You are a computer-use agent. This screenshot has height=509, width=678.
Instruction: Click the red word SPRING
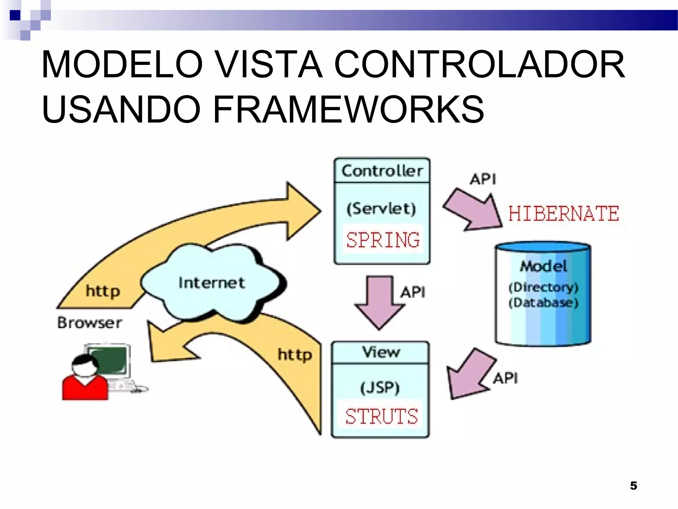(383, 240)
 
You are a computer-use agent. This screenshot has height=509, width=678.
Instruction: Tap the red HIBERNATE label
(563, 213)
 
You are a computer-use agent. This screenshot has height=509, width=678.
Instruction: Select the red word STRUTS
(381, 416)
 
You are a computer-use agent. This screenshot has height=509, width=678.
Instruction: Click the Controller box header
(382, 171)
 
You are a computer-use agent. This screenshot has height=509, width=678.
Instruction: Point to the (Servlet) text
(381, 209)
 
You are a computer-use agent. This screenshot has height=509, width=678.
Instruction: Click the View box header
(381, 352)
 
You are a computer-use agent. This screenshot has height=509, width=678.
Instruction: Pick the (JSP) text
(380, 387)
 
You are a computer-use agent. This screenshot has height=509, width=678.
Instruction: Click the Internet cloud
(212, 283)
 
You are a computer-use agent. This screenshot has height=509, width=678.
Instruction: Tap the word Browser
(89, 323)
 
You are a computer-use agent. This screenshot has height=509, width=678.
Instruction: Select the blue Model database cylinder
(543, 295)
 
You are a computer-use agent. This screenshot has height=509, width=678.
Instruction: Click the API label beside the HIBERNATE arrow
(483, 179)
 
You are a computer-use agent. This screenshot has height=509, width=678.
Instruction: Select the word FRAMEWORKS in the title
(348, 109)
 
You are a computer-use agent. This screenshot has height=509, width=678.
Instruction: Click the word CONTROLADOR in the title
(479, 64)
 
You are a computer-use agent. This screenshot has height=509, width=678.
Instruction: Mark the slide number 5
(633, 485)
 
